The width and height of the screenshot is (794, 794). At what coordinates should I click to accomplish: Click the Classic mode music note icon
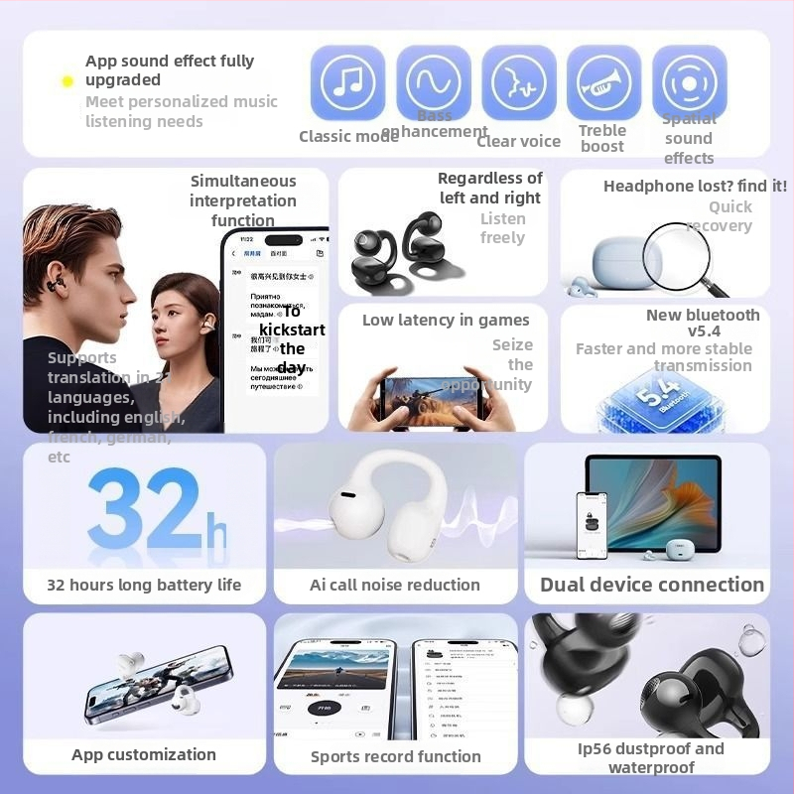point(347,82)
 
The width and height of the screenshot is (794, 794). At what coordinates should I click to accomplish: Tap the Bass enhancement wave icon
point(434,82)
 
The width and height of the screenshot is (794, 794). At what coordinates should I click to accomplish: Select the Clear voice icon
point(519,82)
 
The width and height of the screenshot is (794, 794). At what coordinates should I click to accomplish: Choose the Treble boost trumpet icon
point(603,82)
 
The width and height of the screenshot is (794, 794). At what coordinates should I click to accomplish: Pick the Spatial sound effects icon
point(689,82)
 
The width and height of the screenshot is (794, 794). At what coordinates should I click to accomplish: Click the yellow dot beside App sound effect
point(67,81)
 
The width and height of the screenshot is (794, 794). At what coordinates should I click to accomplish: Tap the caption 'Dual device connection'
point(652,585)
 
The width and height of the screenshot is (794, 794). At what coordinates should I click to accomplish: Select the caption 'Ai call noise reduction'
point(395,585)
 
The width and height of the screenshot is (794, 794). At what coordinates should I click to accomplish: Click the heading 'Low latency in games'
point(446,320)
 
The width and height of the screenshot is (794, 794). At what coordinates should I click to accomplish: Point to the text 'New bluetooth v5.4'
point(703,323)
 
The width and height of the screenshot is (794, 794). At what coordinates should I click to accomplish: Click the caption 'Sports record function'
point(396,756)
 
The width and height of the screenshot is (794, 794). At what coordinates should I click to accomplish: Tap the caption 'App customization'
point(144,754)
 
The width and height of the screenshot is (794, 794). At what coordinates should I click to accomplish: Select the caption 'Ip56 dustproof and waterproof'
point(651,757)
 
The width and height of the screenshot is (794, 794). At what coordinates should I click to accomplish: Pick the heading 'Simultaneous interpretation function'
point(243,200)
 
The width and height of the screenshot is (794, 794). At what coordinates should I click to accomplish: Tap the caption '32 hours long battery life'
point(144,585)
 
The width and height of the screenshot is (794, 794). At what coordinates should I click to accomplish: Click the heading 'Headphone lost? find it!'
point(695,186)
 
